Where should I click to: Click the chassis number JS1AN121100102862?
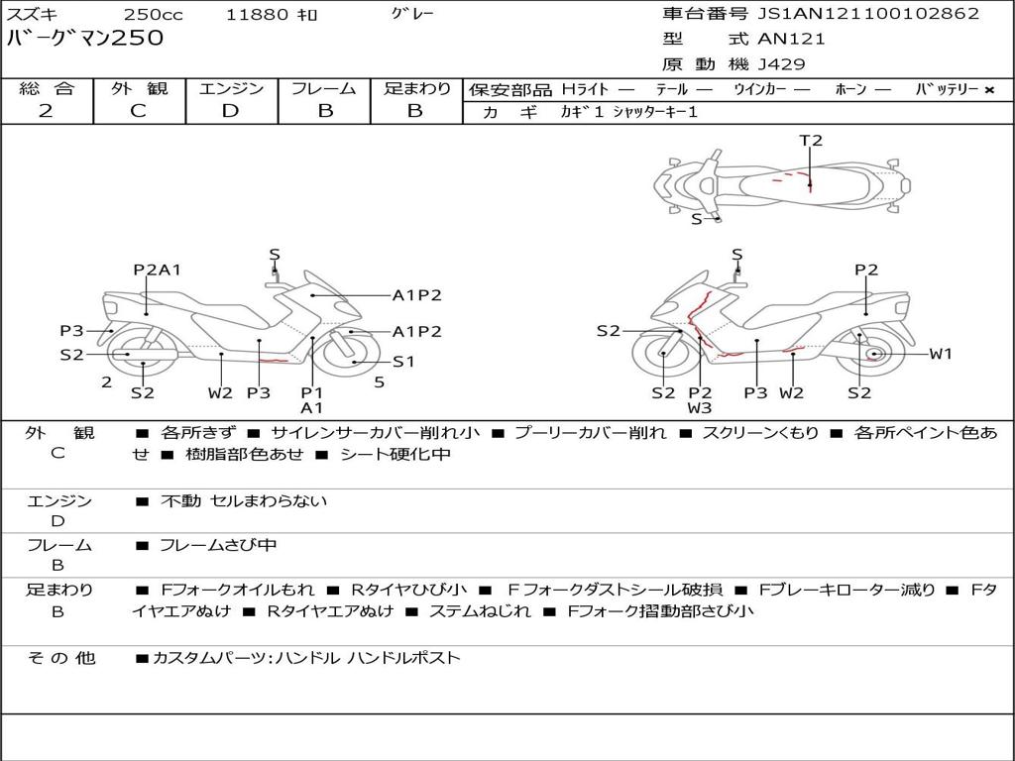pos(868,14)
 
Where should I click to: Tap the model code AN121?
pos(791,39)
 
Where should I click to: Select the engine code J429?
pos(781,64)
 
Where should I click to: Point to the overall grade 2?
pos(46,111)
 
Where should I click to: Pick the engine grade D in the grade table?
pos(230,111)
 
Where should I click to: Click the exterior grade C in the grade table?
pos(138,111)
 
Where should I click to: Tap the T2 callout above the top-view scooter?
pos(811,140)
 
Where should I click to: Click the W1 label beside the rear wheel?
pos(941,354)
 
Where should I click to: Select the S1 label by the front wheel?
pos(403,361)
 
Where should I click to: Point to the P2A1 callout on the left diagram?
pos(157,270)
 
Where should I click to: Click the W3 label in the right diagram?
pos(700,407)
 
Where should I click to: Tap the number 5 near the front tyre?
pos(380,382)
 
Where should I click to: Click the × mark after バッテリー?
pos(989,90)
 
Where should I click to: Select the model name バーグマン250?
pos(85,38)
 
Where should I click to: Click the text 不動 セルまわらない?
pos(244,500)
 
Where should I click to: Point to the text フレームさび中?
pos(218,546)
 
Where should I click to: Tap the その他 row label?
pos(60,658)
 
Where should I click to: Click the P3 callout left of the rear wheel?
pos(71,331)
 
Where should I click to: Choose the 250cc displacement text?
pos(154,14)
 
